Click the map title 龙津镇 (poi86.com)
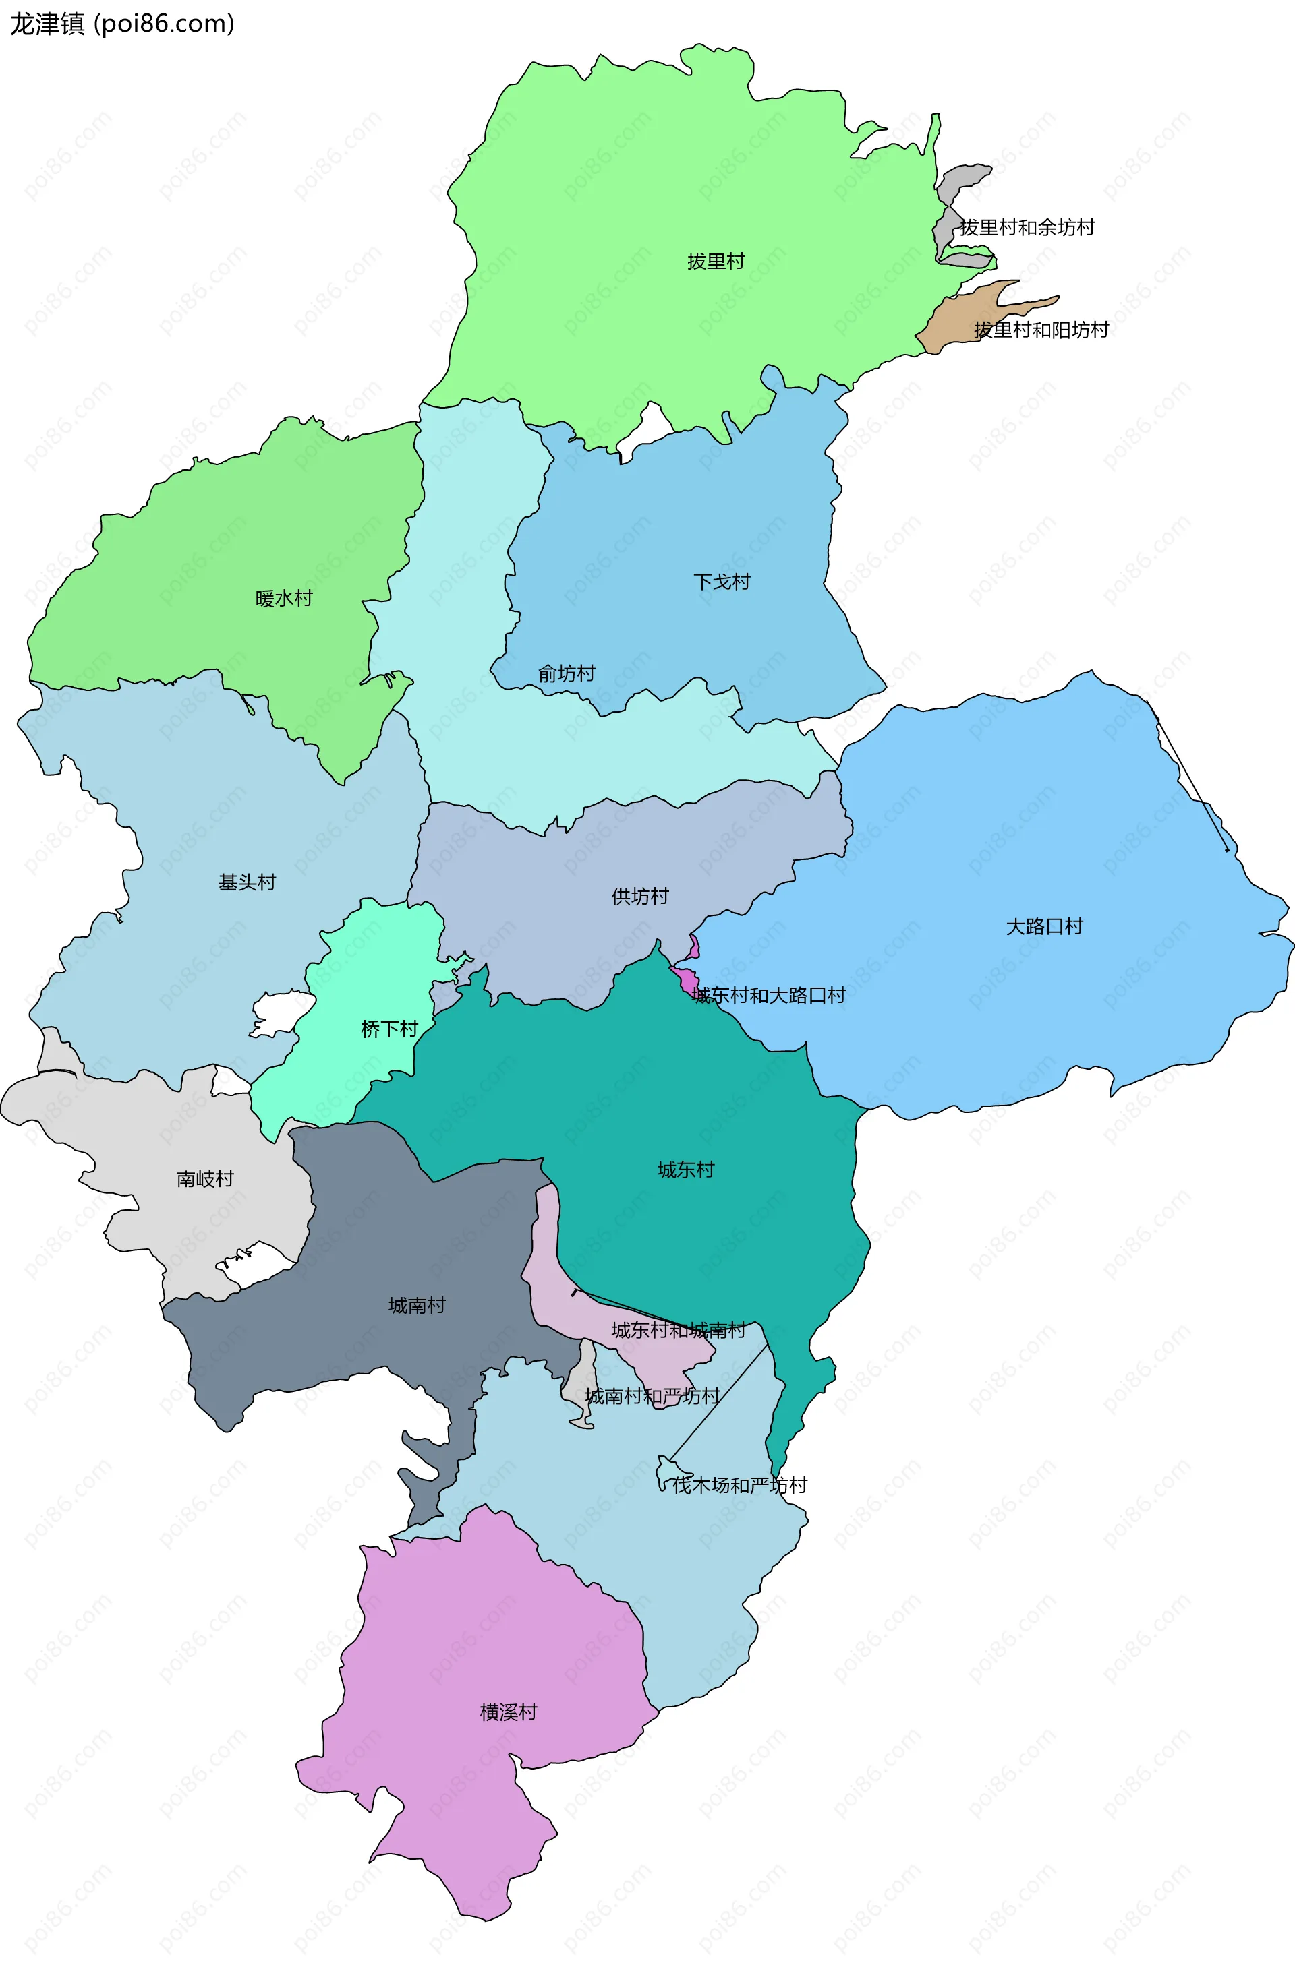[x=122, y=24]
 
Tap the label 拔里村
[x=716, y=262]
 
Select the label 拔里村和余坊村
[x=1027, y=228]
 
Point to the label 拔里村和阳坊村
[x=1041, y=330]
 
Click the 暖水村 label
[x=284, y=599]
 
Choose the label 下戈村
[x=722, y=582]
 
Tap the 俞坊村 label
[x=567, y=673]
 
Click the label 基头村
[x=247, y=882]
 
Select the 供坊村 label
[x=640, y=897]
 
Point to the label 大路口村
[x=1044, y=926]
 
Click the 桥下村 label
[x=389, y=1029]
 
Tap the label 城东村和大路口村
[x=769, y=996]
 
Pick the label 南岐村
[x=206, y=1179]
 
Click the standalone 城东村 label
[x=685, y=1170]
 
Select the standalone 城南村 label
[x=417, y=1305]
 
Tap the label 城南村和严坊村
[x=652, y=1396]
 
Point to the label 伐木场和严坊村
[x=740, y=1485]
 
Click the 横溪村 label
[x=509, y=1712]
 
